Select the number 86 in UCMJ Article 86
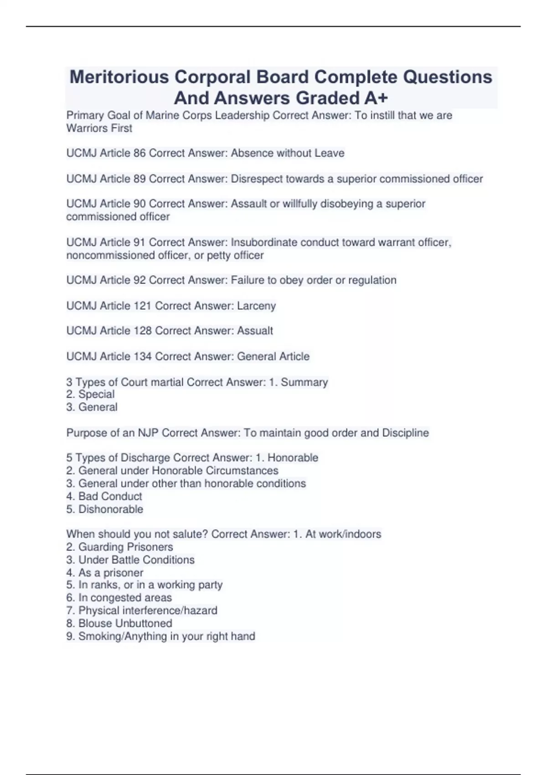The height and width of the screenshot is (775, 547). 139,153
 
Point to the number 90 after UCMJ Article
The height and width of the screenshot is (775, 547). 139,204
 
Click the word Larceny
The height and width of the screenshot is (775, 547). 256,306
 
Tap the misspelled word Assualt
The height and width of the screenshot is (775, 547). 255,331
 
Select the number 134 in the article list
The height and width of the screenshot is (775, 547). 143,356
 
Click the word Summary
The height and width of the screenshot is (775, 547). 304,382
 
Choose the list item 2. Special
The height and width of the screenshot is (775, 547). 91,394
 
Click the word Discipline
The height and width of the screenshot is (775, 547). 405,433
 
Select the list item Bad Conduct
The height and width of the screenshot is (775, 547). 110,496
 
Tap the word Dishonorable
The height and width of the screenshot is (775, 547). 111,509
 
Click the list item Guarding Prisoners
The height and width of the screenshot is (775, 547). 125,547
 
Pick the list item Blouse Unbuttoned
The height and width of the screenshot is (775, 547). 125,623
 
